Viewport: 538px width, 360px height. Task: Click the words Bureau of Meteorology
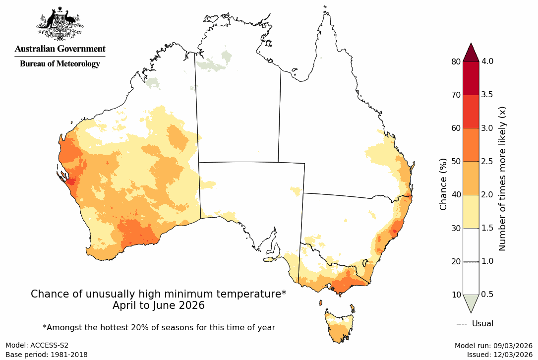click(60, 64)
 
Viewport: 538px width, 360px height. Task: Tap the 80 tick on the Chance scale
click(455, 61)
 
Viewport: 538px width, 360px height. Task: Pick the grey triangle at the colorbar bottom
click(471, 302)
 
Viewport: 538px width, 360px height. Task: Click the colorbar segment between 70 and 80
click(471, 78)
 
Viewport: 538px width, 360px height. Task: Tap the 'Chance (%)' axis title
click(443, 184)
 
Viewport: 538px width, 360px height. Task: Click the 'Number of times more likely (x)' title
click(502, 178)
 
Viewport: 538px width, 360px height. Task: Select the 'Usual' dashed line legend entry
click(475, 324)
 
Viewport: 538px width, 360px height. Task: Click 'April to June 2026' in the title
click(159, 305)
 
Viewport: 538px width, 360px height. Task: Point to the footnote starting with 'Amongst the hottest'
click(159, 327)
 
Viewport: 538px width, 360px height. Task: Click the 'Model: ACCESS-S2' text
click(37, 345)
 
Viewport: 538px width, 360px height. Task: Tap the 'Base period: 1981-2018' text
click(46, 355)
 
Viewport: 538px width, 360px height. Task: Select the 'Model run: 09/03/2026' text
click(493, 345)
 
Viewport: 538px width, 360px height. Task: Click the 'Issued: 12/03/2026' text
click(499, 355)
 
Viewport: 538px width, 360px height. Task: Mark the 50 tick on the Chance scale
click(455, 161)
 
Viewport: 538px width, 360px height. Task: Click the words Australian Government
click(60, 49)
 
